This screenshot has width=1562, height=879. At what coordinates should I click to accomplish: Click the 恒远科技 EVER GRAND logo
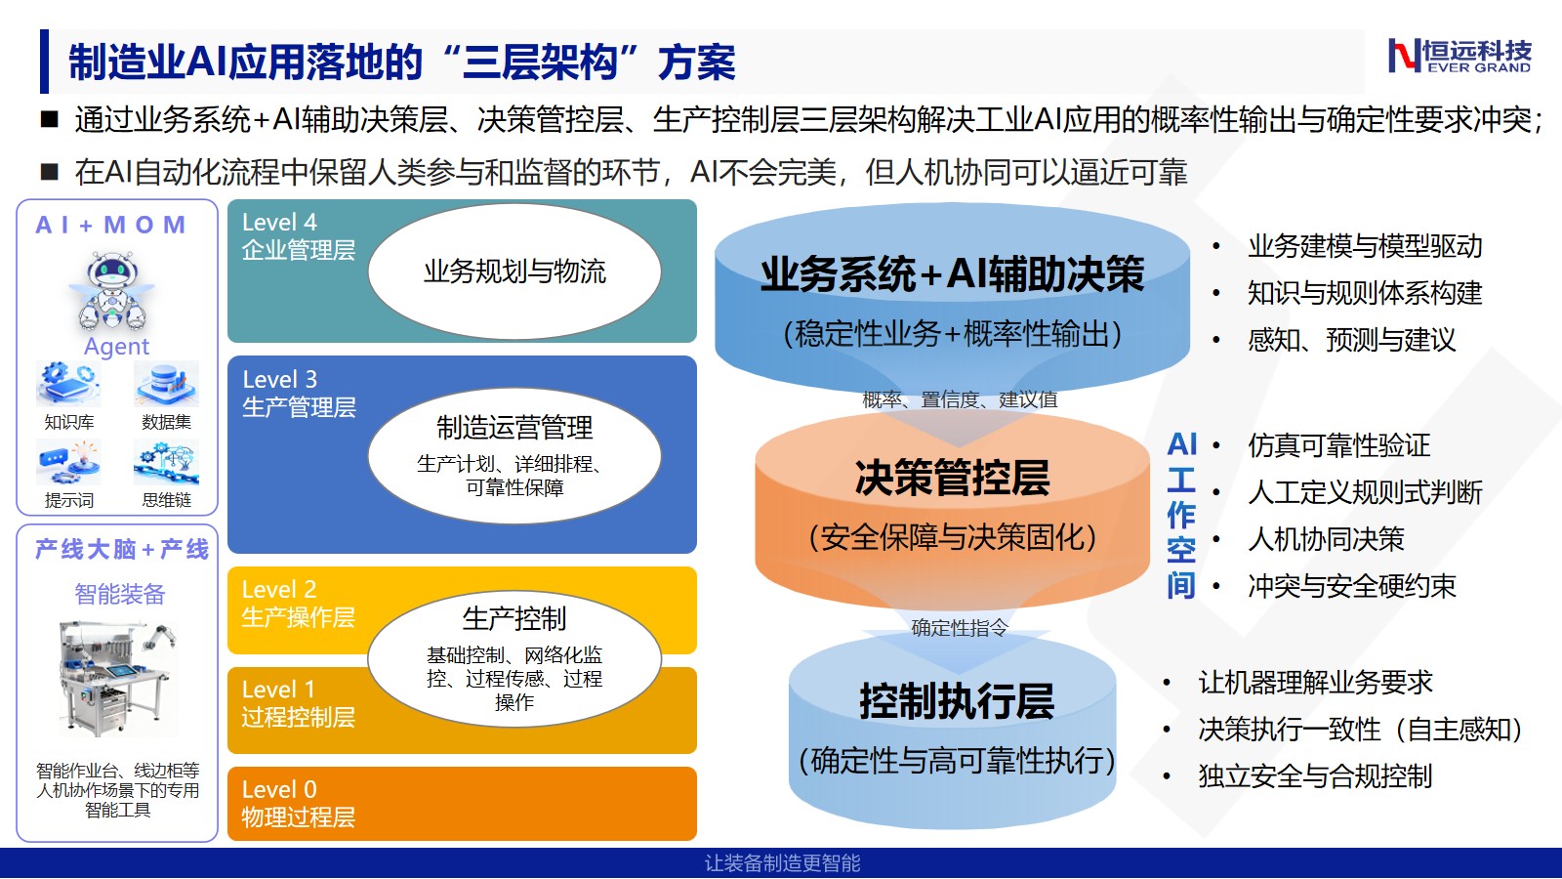tap(1459, 56)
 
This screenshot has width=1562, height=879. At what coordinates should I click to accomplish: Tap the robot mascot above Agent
tap(112, 292)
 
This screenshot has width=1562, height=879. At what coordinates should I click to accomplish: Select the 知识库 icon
tap(68, 384)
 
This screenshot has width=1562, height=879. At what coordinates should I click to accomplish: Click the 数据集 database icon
tap(167, 384)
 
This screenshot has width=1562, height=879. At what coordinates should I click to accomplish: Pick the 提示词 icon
tap(68, 462)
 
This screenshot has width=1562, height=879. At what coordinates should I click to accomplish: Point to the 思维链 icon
tap(167, 462)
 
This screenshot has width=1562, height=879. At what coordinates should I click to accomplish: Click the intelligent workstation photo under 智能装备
tap(117, 678)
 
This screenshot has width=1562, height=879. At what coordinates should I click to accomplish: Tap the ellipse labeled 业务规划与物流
tap(514, 272)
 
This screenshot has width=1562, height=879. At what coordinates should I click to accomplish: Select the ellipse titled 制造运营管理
tap(514, 455)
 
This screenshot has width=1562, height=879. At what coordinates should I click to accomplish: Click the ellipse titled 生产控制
tap(514, 659)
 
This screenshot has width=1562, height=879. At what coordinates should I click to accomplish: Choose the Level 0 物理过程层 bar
tap(463, 804)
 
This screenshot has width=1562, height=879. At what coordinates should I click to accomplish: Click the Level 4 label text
tap(279, 223)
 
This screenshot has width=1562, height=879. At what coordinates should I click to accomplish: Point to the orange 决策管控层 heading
tap(953, 478)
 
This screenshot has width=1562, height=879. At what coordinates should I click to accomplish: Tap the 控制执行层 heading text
tap(957, 701)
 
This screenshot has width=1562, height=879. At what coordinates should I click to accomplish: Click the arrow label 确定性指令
tap(960, 628)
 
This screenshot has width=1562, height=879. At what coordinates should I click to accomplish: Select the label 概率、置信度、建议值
tap(960, 399)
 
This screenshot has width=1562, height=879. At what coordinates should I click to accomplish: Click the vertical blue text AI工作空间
tap(1181, 515)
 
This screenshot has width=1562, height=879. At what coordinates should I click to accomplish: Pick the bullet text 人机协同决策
tap(1326, 539)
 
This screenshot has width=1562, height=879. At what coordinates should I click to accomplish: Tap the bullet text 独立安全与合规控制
tap(1315, 775)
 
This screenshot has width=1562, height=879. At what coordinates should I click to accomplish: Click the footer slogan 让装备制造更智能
tap(782, 863)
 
